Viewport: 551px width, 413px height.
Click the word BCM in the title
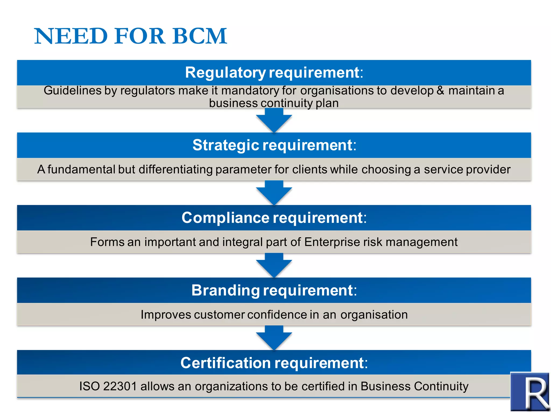200,36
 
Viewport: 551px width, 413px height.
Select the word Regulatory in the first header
225,73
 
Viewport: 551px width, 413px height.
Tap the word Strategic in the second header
226,145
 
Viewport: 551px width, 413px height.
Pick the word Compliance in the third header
225,218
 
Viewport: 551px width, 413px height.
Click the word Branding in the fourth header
225,290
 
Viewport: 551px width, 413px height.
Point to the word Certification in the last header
225,363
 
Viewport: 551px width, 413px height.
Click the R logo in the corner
529,391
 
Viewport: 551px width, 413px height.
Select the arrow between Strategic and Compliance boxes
274,193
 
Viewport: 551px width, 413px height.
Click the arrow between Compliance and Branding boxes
274,266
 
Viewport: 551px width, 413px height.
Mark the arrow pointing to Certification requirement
274,338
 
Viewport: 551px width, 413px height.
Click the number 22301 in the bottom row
120,386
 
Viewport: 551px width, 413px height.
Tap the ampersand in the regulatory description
440,91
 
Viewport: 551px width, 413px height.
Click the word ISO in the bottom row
89,386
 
